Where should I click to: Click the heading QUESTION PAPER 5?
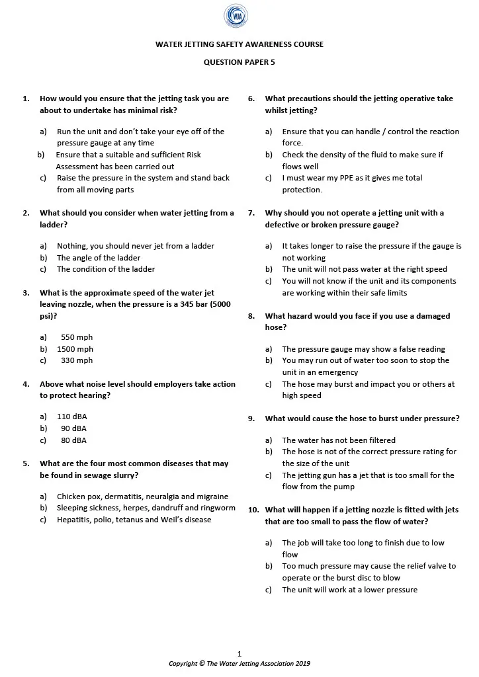(239, 62)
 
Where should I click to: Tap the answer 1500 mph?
(75, 349)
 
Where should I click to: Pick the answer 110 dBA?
(72, 417)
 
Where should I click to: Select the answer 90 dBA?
(73, 428)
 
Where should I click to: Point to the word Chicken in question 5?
(71, 497)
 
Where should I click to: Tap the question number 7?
(251, 213)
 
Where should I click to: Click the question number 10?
(253, 510)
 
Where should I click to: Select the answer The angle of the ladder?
(99, 258)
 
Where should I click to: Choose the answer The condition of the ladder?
(106, 269)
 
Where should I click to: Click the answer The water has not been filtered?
(339, 440)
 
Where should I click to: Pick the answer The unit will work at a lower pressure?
(349, 590)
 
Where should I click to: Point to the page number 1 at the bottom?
(239, 654)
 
